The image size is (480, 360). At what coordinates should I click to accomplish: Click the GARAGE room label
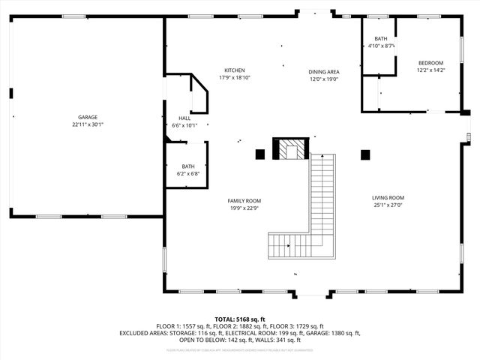(87, 117)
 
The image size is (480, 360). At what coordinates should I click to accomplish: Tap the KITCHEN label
(234, 70)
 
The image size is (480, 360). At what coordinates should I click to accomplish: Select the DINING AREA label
(324, 72)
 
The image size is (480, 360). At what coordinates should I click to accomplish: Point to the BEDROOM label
(430, 63)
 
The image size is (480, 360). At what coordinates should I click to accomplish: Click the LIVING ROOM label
(388, 197)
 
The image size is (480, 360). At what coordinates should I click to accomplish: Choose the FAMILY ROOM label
(244, 201)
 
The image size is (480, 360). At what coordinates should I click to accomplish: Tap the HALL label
(184, 118)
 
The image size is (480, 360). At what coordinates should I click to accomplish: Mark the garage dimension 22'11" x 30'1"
(87, 124)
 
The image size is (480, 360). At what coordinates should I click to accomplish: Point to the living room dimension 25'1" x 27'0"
(388, 205)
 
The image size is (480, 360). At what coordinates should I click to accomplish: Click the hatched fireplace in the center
(290, 150)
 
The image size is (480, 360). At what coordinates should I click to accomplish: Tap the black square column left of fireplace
(260, 154)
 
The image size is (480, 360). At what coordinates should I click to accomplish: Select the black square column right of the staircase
(365, 155)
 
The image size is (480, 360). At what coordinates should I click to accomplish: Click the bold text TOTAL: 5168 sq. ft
(240, 319)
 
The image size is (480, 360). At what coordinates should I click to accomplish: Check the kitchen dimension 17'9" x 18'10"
(234, 77)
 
